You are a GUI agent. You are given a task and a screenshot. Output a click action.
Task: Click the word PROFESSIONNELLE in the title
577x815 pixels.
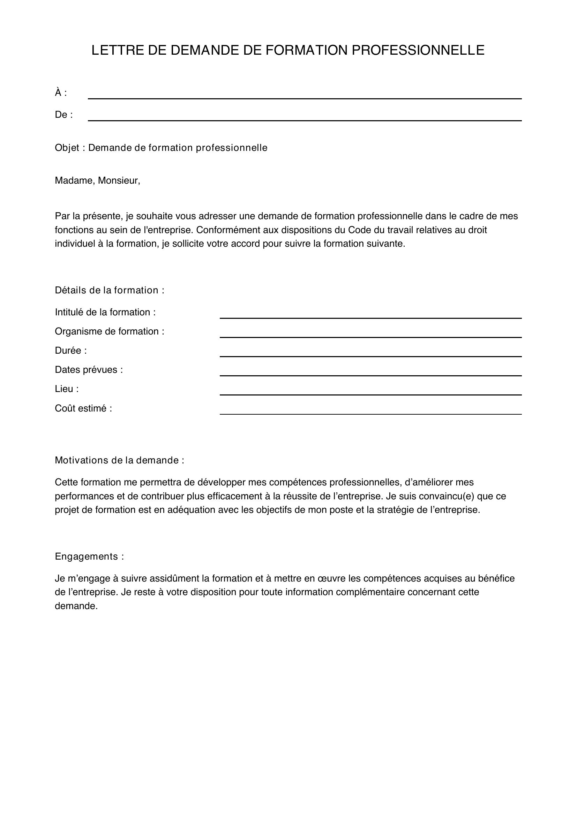(418, 51)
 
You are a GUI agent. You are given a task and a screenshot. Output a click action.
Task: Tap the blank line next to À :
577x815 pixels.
(305, 95)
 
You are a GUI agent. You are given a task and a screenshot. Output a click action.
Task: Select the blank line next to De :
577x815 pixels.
(305, 117)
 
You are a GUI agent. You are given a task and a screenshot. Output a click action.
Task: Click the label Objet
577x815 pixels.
(67, 148)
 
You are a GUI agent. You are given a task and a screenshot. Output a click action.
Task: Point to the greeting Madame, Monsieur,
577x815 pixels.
(97, 181)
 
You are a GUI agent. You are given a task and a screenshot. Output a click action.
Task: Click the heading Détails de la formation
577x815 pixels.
(110, 290)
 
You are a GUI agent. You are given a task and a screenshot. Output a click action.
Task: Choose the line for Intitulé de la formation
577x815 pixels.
(370, 315)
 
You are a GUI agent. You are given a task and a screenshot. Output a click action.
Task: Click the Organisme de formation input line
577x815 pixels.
(370, 334)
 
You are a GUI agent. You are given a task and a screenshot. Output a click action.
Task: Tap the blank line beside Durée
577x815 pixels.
(370, 353)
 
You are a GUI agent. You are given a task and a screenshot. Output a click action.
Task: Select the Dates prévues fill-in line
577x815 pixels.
(370, 372)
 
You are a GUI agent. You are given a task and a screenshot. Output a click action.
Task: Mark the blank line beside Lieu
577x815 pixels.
(370, 391)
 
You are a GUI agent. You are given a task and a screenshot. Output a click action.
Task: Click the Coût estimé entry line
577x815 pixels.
(370, 410)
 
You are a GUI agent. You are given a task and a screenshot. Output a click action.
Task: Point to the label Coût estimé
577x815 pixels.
(83, 409)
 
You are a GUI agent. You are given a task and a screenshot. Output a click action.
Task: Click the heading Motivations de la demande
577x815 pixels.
(119, 460)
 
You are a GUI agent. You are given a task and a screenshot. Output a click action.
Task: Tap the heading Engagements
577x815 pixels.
(89, 556)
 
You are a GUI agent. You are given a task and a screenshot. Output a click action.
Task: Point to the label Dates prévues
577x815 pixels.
(89, 370)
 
